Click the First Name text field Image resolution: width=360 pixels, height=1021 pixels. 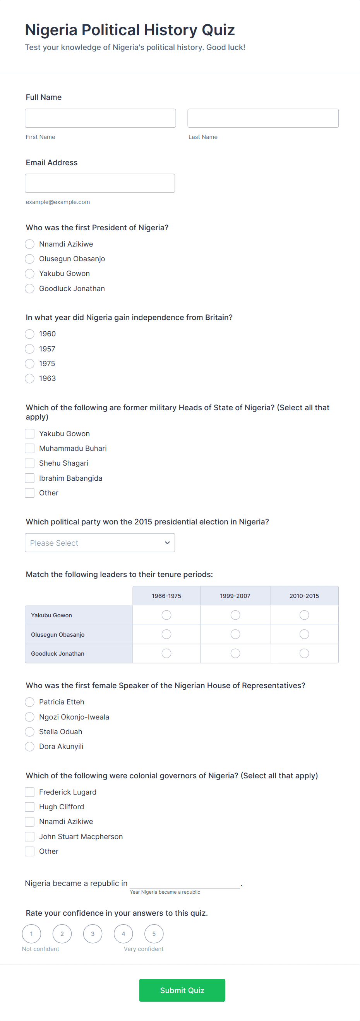click(100, 118)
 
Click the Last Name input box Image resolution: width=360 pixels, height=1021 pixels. click(262, 118)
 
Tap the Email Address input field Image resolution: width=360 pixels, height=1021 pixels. click(99, 183)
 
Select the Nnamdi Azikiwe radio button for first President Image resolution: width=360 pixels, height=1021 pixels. click(30, 244)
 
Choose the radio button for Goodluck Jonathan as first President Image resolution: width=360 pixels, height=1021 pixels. click(30, 289)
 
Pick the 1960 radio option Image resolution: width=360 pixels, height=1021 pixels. click(30, 334)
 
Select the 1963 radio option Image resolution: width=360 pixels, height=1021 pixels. click(30, 379)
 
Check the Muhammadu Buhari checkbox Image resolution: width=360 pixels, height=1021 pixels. click(30, 448)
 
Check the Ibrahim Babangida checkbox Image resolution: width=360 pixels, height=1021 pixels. click(30, 478)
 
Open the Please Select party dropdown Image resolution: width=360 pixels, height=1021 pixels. click(99, 543)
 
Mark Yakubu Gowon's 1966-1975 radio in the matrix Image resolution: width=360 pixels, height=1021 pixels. click(166, 615)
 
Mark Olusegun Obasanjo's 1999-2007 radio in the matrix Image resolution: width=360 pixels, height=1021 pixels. click(235, 634)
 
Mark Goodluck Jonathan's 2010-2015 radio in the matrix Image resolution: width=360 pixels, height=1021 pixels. click(304, 653)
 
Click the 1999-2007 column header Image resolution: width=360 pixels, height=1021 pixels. click(235, 596)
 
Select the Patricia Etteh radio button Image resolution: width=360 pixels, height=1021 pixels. click(30, 702)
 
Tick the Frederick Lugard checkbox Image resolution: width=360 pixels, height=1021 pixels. click(30, 792)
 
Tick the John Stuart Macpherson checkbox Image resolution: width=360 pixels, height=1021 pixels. click(30, 836)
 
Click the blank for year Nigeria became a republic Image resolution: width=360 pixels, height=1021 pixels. click(185, 883)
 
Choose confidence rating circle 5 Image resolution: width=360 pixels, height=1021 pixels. click(154, 934)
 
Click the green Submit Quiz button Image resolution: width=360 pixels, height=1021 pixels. click(182, 990)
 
